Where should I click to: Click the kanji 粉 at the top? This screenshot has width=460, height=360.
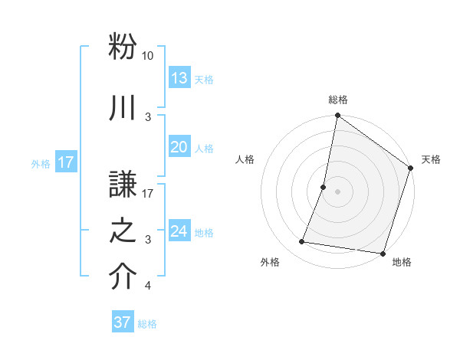point(123,47)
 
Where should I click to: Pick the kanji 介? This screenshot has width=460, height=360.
point(123,277)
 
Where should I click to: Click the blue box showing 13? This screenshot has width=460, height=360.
point(179,78)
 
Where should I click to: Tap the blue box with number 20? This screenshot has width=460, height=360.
point(179,148)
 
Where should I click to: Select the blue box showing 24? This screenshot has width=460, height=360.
point(179,232)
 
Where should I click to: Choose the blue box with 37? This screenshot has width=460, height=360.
point(122,322)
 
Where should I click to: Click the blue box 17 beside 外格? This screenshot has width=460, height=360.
point(65,162)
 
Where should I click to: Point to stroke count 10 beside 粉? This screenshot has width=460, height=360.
point(147,56)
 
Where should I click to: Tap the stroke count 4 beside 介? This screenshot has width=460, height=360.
point(147,286)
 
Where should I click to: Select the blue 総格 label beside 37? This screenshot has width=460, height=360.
point(147,324)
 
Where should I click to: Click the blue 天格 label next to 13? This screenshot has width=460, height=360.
point(204,79)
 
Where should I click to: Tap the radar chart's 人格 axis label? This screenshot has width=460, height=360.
point(245,160)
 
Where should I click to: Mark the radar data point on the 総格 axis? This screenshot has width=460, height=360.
point(337,116)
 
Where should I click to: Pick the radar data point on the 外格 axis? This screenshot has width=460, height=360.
point(302,242)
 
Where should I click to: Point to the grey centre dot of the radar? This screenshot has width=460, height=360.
point(337,191)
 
